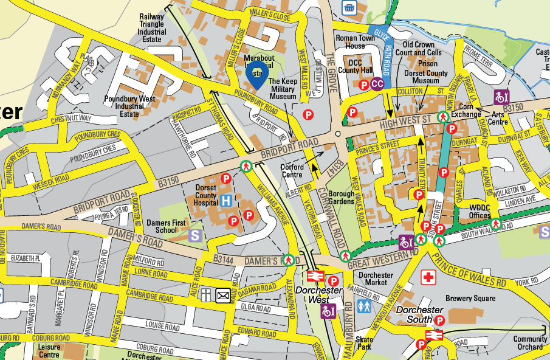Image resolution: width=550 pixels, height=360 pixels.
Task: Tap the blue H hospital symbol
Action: (226, 201)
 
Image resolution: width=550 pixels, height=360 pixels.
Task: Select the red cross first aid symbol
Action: (429, 277)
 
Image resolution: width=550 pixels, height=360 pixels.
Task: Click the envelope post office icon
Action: (223, 296)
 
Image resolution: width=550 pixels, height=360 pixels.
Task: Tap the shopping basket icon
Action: (349, 7)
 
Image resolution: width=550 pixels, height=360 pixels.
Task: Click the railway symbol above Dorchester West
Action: (314, 275)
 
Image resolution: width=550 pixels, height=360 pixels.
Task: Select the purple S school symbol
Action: (196, 235)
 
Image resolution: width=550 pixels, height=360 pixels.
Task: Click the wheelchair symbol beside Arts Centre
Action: (501, 96)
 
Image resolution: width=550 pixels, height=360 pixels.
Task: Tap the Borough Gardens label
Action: (341, 198)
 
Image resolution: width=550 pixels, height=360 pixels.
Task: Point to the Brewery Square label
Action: (470, 299)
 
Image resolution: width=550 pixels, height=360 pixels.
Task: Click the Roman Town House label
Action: (351, 42)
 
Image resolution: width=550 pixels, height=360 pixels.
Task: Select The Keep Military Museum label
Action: (283, 89)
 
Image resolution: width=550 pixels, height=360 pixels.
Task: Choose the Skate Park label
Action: (365, 344)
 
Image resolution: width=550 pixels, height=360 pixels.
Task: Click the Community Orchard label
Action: (531, 343)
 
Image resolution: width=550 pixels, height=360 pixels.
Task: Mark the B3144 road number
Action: (224, 258)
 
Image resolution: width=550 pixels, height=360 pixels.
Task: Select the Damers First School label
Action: (166, 227)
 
